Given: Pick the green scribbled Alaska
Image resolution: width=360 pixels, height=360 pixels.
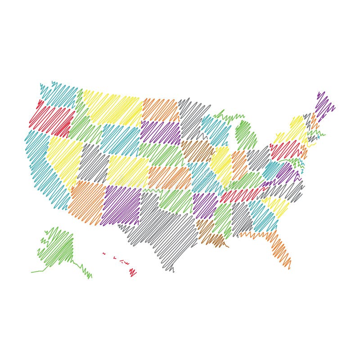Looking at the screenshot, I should (x=58, y=247).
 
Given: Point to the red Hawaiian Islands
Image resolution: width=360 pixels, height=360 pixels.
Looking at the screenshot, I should (x=132, y=272).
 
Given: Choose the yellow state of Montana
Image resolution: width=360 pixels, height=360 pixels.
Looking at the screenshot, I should (x=112, y=108).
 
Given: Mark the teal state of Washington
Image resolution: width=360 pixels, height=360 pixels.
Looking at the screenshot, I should (x=58, y=94).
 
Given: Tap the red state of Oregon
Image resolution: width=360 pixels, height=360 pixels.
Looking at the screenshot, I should (x=52, y=119).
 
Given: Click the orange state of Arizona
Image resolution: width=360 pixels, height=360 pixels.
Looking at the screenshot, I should (x=85, y=200).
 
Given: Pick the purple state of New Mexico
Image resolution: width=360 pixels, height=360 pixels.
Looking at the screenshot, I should (x=121, y=205).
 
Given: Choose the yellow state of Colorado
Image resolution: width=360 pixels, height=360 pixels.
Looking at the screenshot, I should (x=128, y=171).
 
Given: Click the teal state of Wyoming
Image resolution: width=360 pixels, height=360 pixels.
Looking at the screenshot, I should (x=119, y=139).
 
